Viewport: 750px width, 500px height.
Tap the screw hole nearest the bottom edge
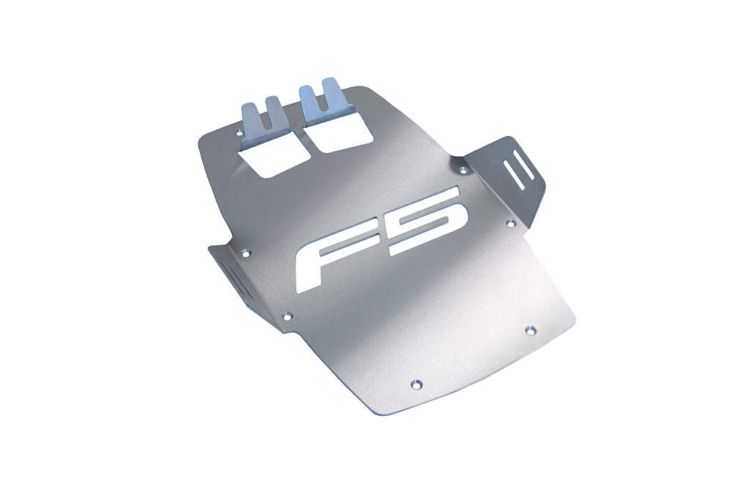click(x=416, y=383)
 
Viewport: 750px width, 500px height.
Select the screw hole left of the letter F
click(x=245, y=253)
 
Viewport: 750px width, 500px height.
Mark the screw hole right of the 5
click(x=511, y=223)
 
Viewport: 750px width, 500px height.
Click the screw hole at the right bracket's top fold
click(x=462, y=170)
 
